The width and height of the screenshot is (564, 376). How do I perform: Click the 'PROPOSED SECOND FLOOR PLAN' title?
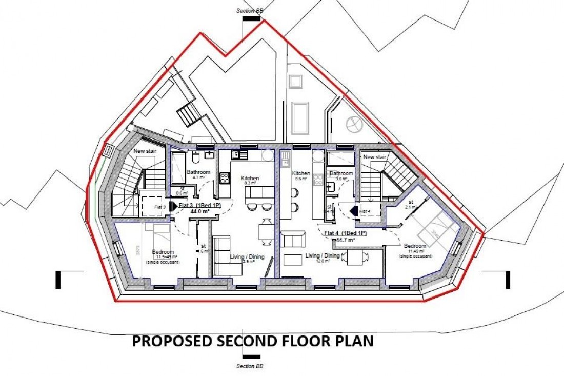pos(253,341)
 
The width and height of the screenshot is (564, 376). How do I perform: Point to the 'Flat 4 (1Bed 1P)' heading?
pos(346,233)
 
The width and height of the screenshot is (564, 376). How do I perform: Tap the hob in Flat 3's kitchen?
pos(225,178)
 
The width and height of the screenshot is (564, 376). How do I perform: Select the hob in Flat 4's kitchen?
pos(318,180)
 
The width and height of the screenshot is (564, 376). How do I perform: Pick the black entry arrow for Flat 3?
pos(173,206)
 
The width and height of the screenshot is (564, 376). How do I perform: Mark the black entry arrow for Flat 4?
pos(354,210)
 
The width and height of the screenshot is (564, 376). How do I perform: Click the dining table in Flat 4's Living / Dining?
pos(355,258)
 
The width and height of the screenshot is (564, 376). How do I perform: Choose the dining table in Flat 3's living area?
pos(266,229)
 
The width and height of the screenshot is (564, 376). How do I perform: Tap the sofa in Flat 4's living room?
pos(293,240)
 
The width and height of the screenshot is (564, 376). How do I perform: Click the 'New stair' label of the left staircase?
pos(145,151)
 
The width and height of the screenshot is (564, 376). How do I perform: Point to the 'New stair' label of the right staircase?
pos(374,157)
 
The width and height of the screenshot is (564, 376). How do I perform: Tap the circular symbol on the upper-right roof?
pos(354,124)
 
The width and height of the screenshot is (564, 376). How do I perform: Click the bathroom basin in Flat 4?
pos(331,188)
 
